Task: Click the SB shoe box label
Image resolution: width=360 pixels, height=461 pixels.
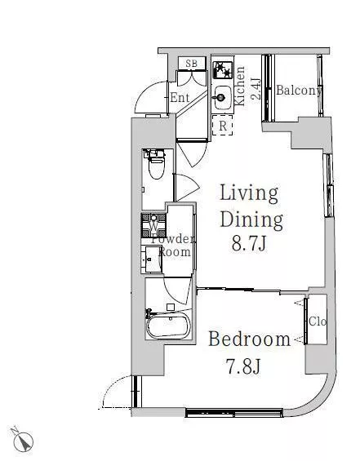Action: click(x=192, y=63)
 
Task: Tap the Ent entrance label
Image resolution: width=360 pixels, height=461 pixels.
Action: click(x=180, y=97)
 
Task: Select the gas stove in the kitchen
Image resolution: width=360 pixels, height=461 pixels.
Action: click(x=223, y=69)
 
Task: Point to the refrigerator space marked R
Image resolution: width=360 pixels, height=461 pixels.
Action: click(x=223, y=126)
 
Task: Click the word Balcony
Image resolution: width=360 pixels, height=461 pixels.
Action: click(x=299, y=91)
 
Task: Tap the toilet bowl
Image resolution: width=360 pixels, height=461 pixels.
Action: click(x=157, y=166)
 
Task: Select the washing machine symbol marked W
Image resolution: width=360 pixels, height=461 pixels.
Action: click(x=153, y=225)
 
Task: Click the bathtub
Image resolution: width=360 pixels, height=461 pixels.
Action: click(x=168, y=326)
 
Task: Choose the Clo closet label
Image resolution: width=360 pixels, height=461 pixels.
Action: click(x=318, y=321)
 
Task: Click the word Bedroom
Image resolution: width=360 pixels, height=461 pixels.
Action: click(x=250, y=339)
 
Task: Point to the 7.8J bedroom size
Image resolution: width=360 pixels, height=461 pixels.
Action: click(x=243, y=366)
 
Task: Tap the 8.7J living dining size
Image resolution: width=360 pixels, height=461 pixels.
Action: click(x=249, y=244)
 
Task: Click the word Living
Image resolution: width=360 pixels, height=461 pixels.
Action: click(x=249, y=194)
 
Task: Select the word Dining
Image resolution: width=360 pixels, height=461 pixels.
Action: click(x=251, y=220)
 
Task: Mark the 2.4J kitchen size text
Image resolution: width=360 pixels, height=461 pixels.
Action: click(x=256, y=89)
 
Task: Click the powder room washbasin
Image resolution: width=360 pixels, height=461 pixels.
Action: click(x=152, y=259)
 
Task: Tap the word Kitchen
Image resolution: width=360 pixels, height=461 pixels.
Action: click(x=240, y=86)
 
